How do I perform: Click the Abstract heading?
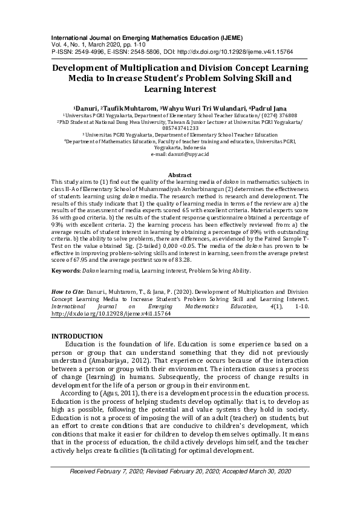click(180, 175)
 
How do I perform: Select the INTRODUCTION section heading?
click(77, 336)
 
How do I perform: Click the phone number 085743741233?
click(180, 128)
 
